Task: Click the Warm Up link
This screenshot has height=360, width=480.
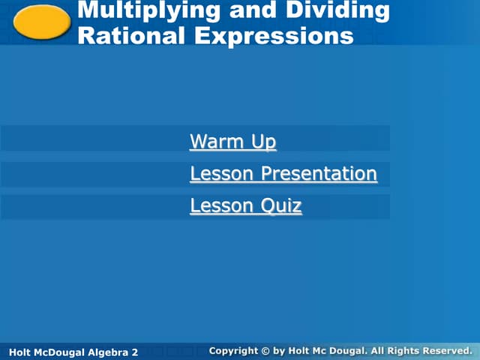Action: click(232, 141)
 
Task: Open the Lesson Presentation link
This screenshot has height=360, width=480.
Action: click(283, 174)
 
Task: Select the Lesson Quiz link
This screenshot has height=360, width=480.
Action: click(245, 205)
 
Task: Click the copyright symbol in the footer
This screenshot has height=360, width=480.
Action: click(265, 351)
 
